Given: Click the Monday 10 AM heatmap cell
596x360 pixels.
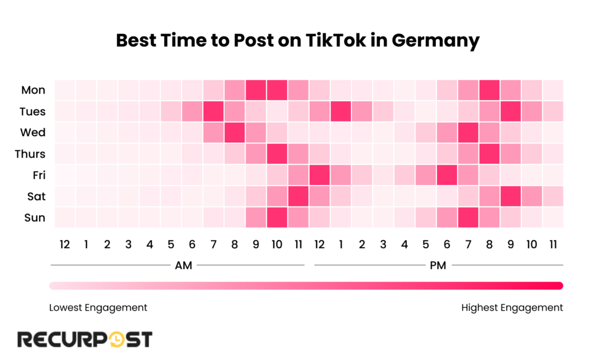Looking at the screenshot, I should pos(277,90).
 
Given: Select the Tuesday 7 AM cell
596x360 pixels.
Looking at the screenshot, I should pos(213,111).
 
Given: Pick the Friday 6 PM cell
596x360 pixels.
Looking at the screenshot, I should pos(447,175).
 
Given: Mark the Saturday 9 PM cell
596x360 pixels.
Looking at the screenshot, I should pos(510,197).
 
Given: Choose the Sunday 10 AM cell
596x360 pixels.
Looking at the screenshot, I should pos(277,218).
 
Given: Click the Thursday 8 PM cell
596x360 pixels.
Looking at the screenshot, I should pos(489,154).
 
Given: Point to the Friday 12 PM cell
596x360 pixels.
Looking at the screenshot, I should pos(320,175).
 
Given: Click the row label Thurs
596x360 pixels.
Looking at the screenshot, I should pos(30,154).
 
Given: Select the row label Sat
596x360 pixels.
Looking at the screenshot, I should pos(36,197).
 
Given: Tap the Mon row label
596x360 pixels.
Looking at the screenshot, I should pos(33,90).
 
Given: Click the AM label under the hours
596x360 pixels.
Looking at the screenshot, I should pos(184,266).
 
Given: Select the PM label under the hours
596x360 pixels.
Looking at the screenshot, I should pos(438,266).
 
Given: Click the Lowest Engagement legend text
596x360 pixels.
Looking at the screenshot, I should pos(98,307).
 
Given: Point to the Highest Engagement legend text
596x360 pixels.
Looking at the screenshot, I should pos(512,307).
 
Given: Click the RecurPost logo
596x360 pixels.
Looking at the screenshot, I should pos(85,339).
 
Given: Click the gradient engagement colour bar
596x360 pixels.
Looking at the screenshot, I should pos(306,286).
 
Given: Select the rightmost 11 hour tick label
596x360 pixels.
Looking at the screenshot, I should pos(553,245).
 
